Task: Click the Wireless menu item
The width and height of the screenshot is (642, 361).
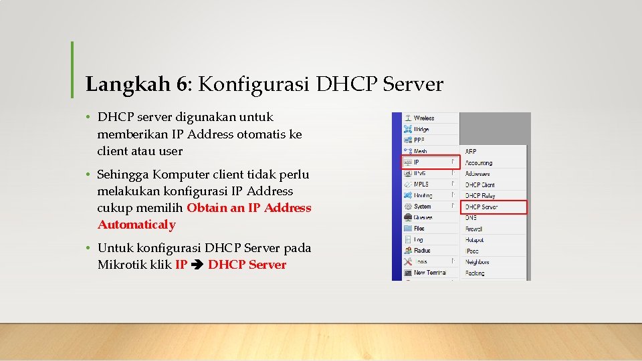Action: [x=424, y=118]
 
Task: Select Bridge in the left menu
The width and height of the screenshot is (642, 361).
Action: [x=421, y=129]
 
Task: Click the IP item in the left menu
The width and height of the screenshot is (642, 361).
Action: [x=417, y=162]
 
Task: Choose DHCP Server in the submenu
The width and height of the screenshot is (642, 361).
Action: [x=481, y=207]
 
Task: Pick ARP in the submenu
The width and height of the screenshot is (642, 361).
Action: [x=471, y=152]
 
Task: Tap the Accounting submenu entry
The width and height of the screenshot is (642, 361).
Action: [x=479, y=162]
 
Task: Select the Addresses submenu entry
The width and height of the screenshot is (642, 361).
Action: [x=477, y=174]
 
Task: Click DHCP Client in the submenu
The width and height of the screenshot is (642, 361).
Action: [x=480, y=185]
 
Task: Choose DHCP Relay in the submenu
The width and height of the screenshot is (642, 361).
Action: [x=480, y=196]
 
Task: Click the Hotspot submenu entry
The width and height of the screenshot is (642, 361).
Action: [x=475, y=240]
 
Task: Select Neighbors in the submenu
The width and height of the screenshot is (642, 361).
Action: [x=477, y=262]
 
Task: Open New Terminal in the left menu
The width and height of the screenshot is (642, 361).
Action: [x=429, y=273]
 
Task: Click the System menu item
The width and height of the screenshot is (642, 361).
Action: [x=423, y=207]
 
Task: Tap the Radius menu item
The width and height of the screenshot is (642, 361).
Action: [x=422, y=251]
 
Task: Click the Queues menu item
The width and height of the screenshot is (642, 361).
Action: [x=423, y=217]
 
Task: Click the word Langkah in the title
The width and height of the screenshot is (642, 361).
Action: [x=128, y=85]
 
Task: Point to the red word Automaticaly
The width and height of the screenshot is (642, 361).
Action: [x=136, y=225]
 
